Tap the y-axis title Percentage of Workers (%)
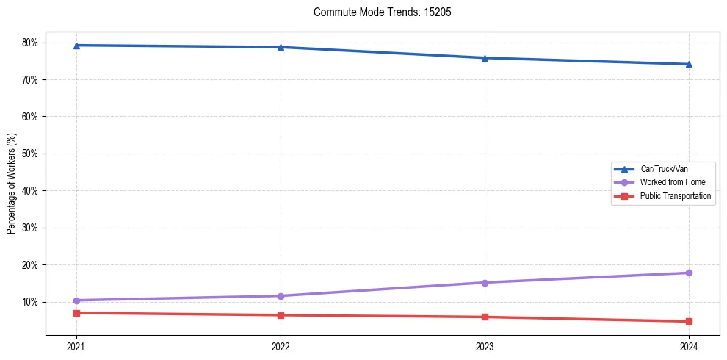coord(12,184)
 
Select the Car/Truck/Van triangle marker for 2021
coord(76,46)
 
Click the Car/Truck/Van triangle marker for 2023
coord(485,58)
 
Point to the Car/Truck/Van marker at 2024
coord(689,64)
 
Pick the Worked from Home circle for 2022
coord(281,296)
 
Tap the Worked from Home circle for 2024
coord(689,273)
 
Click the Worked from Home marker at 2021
coord(76,300)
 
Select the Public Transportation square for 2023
coord(485,317)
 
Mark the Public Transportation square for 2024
coord(689,321)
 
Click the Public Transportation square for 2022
coord(281,315)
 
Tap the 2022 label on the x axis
coord(281,346)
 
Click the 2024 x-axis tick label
coord(689,346)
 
